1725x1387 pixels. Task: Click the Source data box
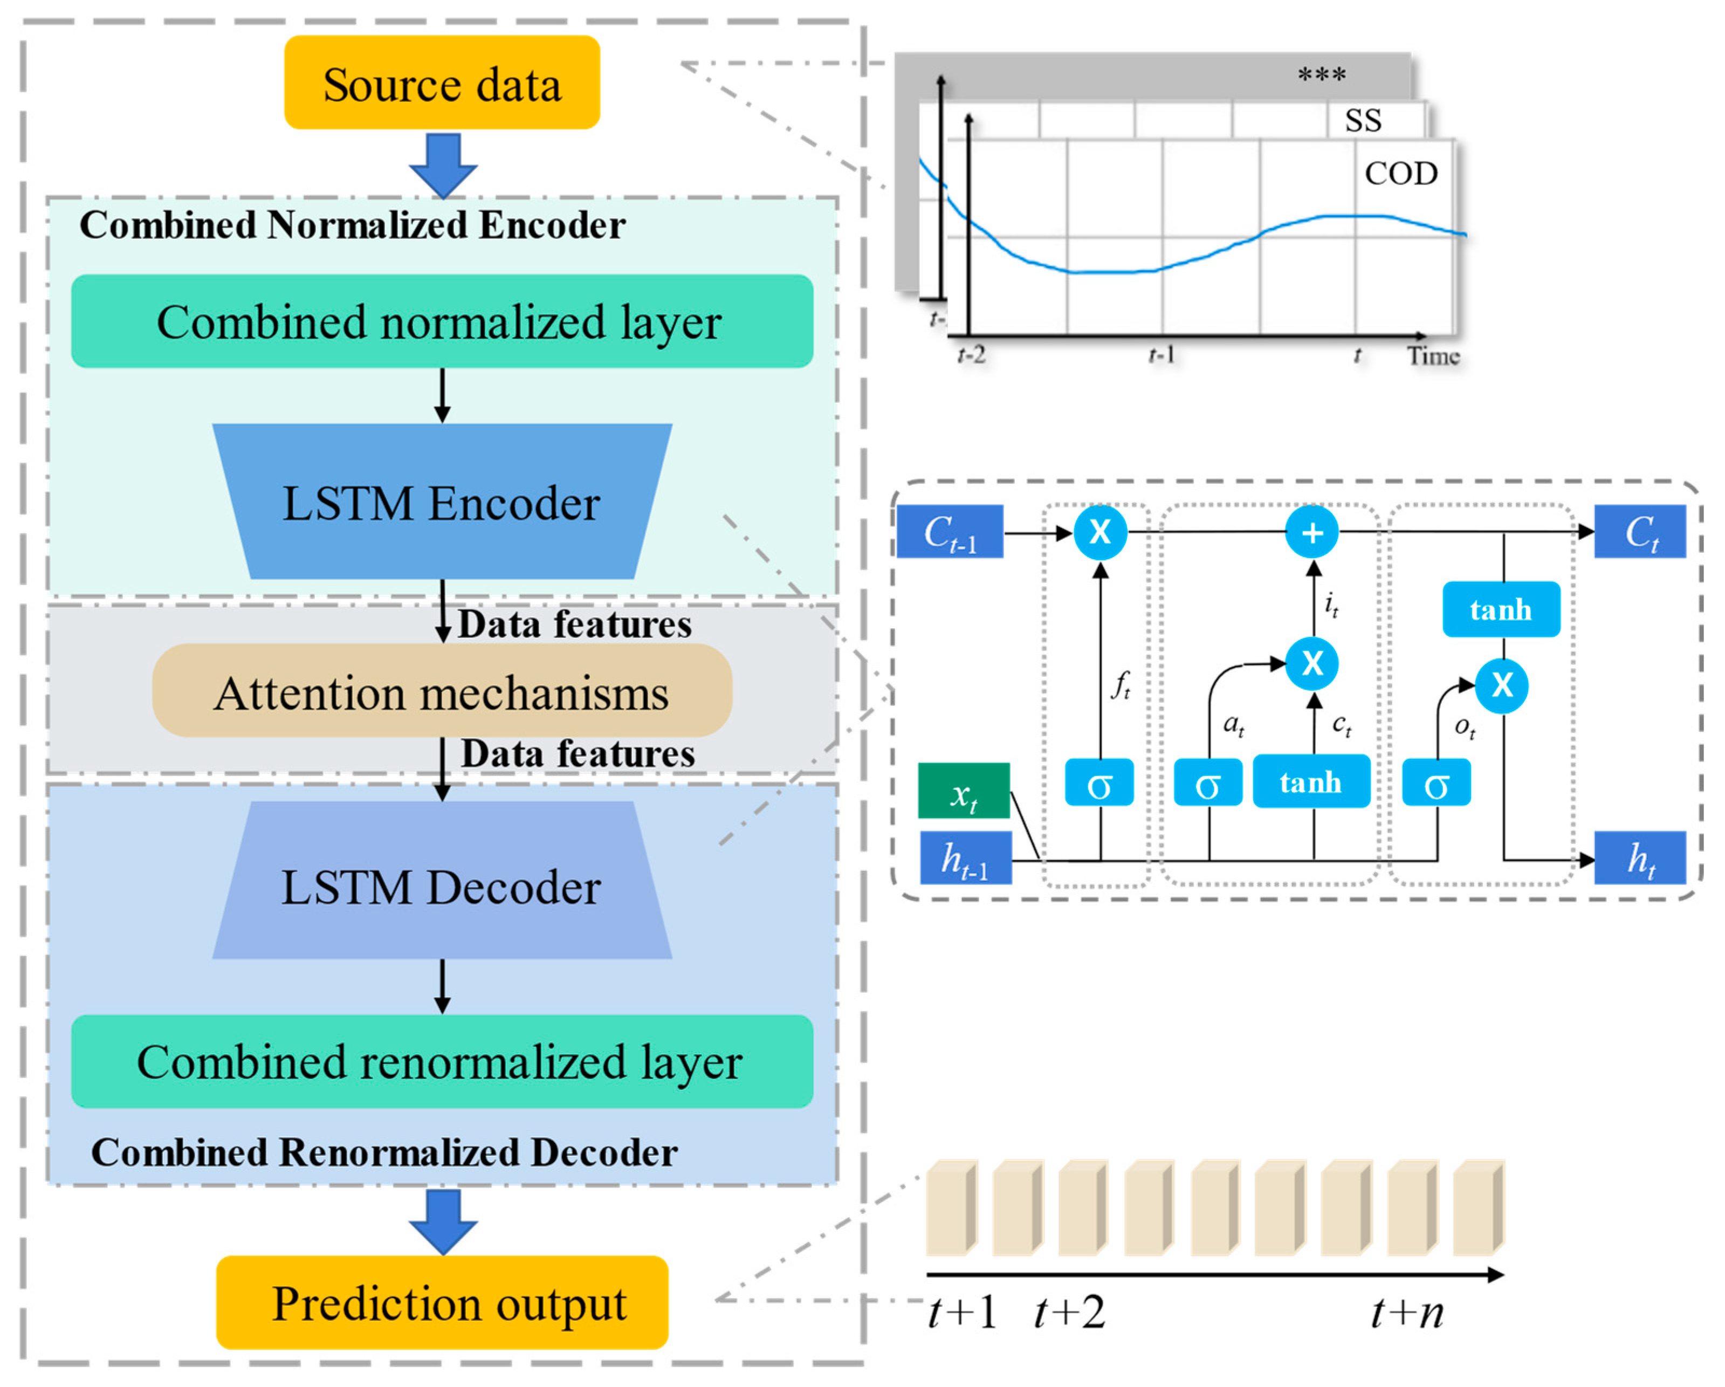point(442,83)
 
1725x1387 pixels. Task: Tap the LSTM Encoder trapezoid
point(442,502)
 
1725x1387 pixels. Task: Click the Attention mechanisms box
point(442,691)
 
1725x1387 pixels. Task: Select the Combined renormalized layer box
point(442,1061)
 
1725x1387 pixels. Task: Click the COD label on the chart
point(1400,173)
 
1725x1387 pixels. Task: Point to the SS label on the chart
point(1363,121)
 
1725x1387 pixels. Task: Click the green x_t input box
point(963,791)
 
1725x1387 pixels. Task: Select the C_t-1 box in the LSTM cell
point(950,531)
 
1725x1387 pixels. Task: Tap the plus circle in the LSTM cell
point(1312,532)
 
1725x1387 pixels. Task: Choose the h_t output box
point(1640,858)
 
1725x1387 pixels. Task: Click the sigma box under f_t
point(1099,782)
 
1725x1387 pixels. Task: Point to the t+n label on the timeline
point(1406,1313)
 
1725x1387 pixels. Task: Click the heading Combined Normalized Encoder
point(352,225)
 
